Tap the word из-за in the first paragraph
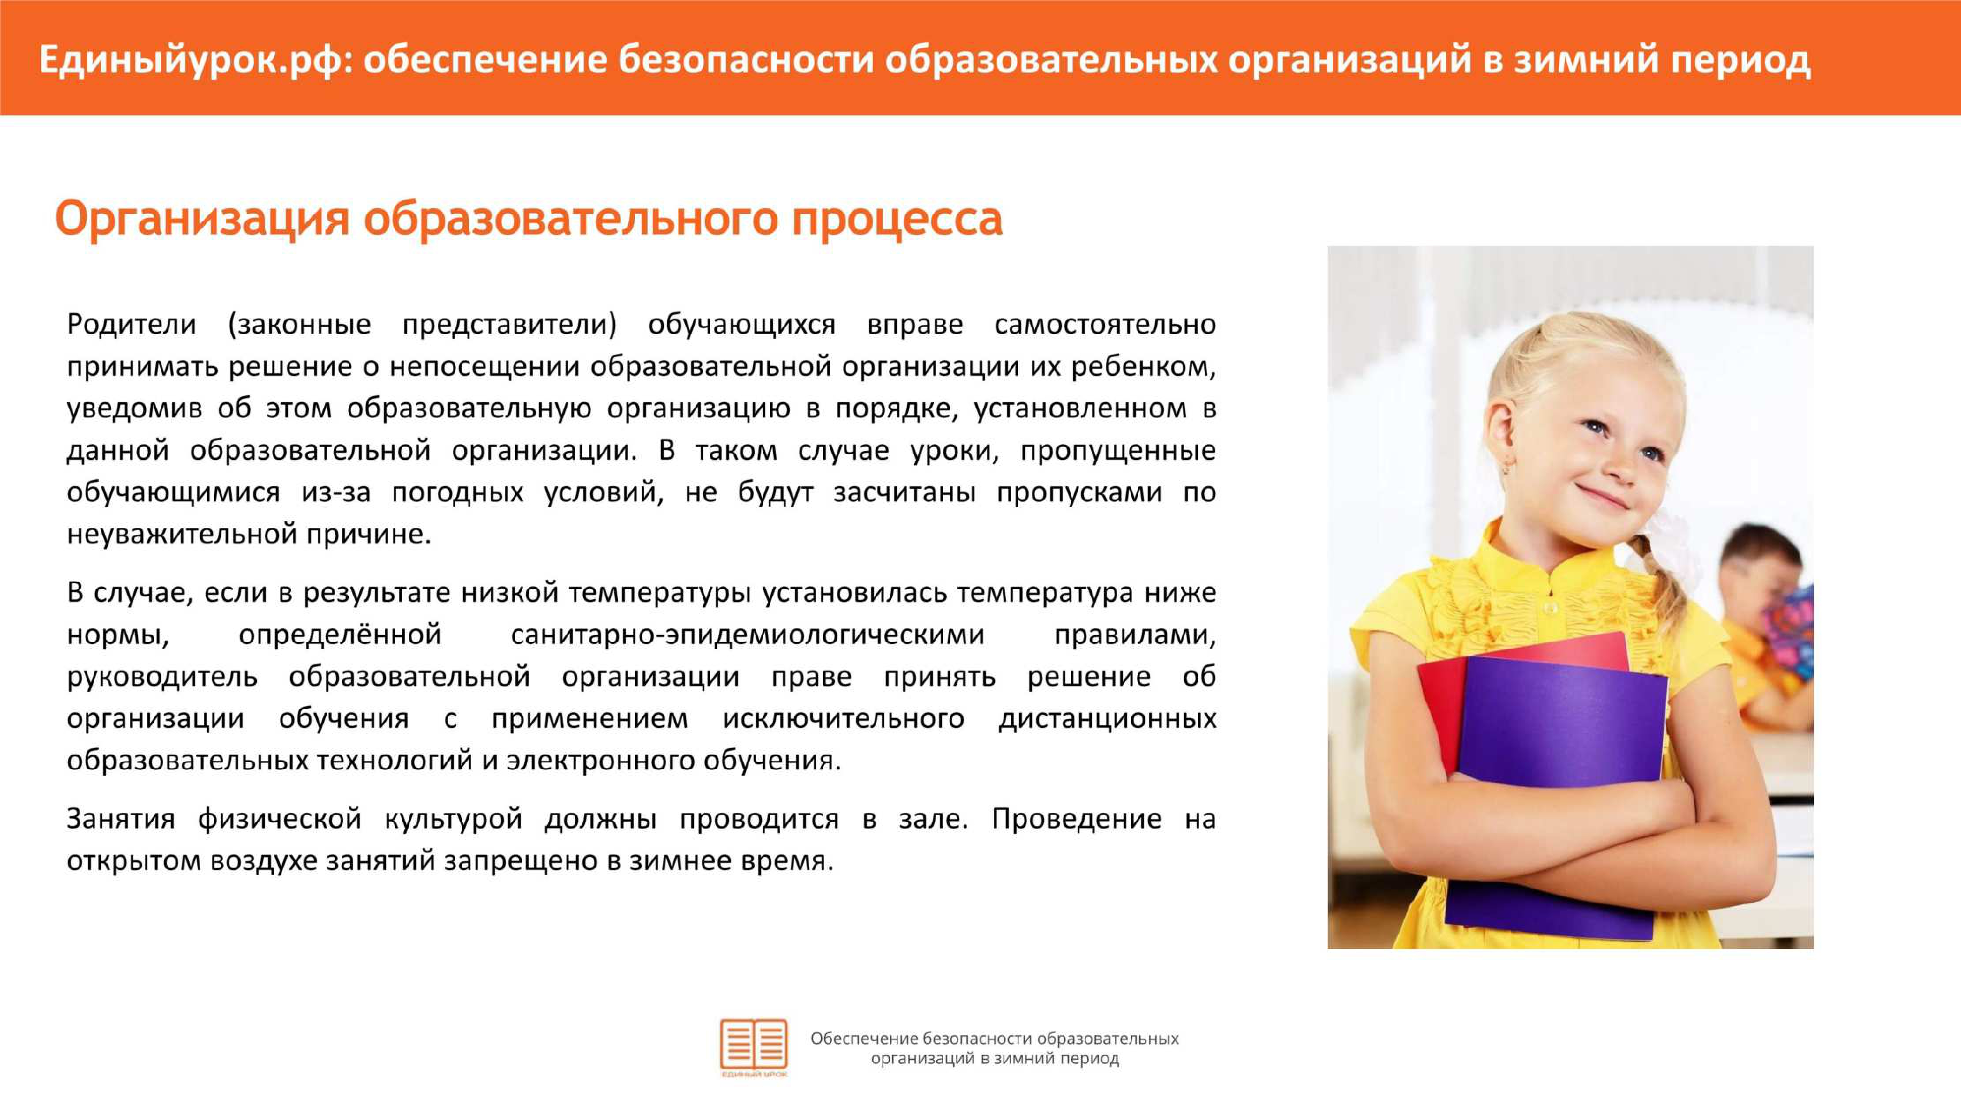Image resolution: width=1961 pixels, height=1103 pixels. point(336,492)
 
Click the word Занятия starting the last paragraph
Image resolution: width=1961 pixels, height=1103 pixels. point(121,819)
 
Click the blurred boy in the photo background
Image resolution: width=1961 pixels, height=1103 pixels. point(1766,632)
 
